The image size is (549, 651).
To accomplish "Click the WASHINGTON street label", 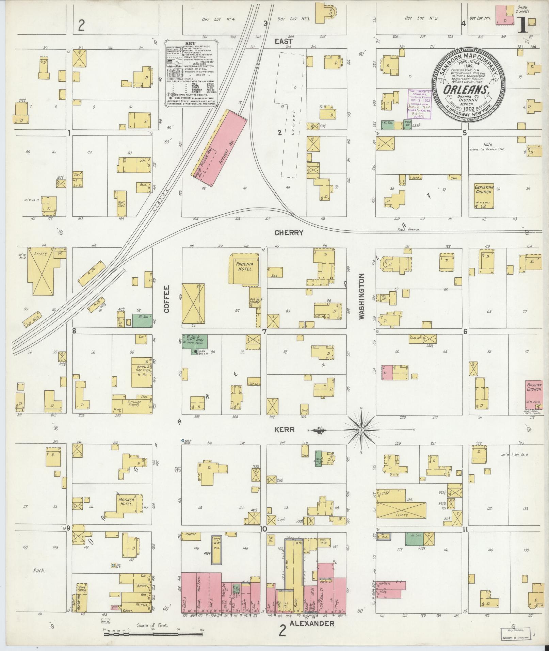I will pos(361,296).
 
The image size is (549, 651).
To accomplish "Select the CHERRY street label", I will pos(289,233).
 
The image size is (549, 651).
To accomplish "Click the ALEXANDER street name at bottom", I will pos(312,624).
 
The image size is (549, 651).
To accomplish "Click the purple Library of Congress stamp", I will pos(419,104).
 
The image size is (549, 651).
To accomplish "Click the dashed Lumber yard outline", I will pos(292,115).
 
